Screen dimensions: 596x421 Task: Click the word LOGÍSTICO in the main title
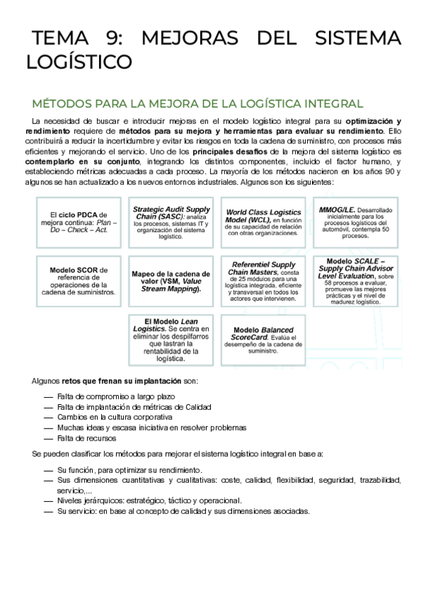click(79, 63)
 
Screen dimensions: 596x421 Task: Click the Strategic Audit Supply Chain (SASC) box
click(171, 222)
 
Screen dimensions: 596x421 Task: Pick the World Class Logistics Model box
click(264, 222)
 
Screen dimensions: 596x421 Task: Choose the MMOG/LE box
click(355, 222)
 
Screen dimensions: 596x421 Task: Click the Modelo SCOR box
click(84, 280)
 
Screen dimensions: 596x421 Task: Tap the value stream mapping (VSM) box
click(171, 280)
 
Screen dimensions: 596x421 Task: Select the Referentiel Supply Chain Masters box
click(264, 280)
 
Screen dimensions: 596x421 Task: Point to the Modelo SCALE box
click(355, 280)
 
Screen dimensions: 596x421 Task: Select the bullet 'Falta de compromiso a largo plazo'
click(116, 396)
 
